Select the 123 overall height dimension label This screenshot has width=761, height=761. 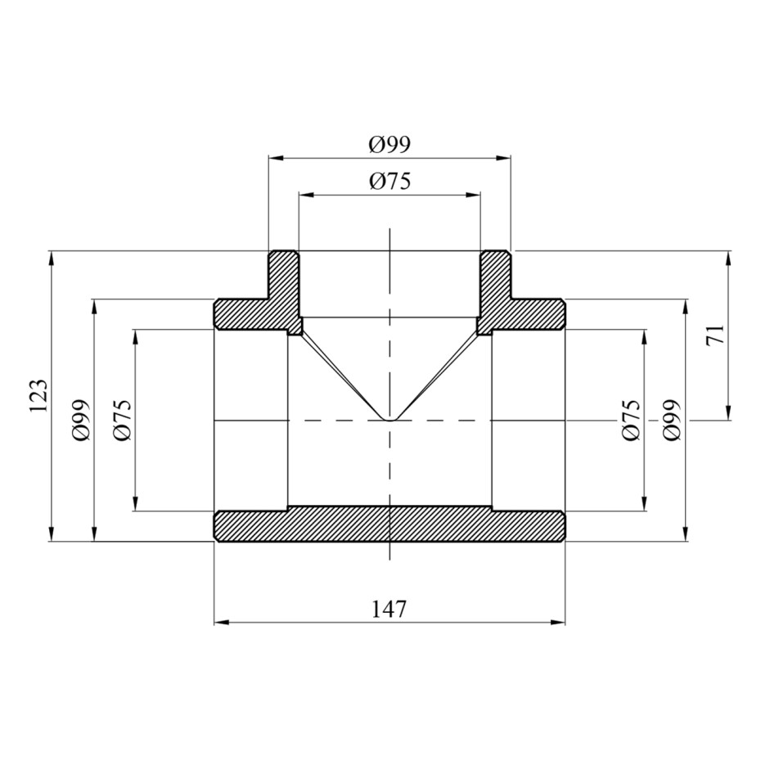point(38,395)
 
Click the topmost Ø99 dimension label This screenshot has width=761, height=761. point(390,144)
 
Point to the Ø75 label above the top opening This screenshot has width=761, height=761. point(390,181)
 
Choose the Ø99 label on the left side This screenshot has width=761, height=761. point(80,420)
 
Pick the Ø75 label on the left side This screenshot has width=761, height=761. point(122,420)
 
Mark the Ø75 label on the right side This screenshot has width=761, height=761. point(632,420)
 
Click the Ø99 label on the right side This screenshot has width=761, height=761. point(672,420)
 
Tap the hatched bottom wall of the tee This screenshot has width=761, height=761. point(390,525)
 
